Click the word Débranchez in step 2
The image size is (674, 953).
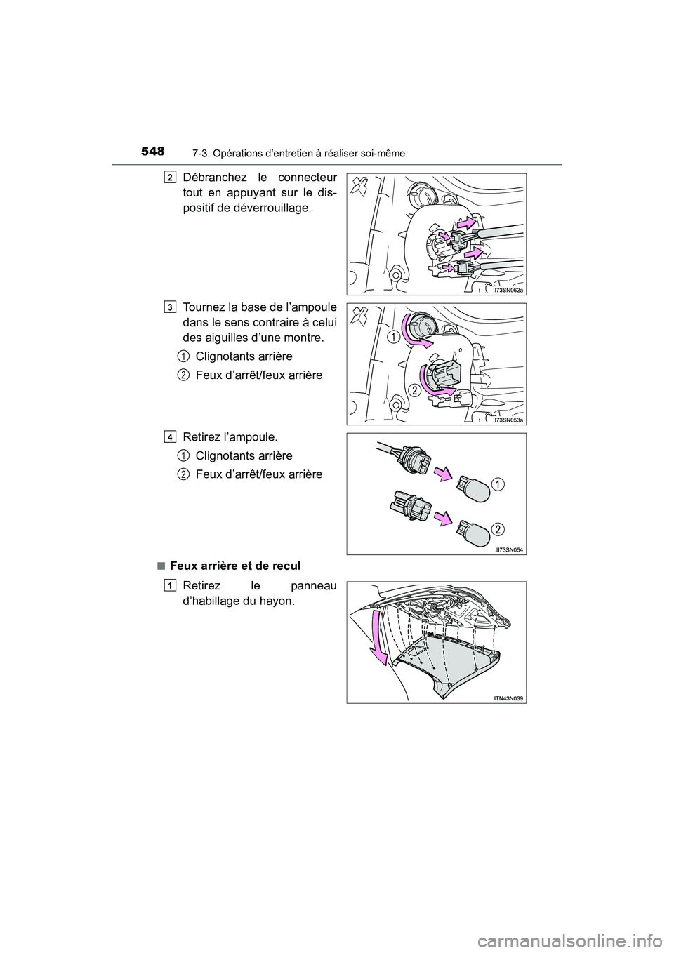click(x=213, y=178)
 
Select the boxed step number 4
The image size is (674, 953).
click(x=171, y=436)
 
